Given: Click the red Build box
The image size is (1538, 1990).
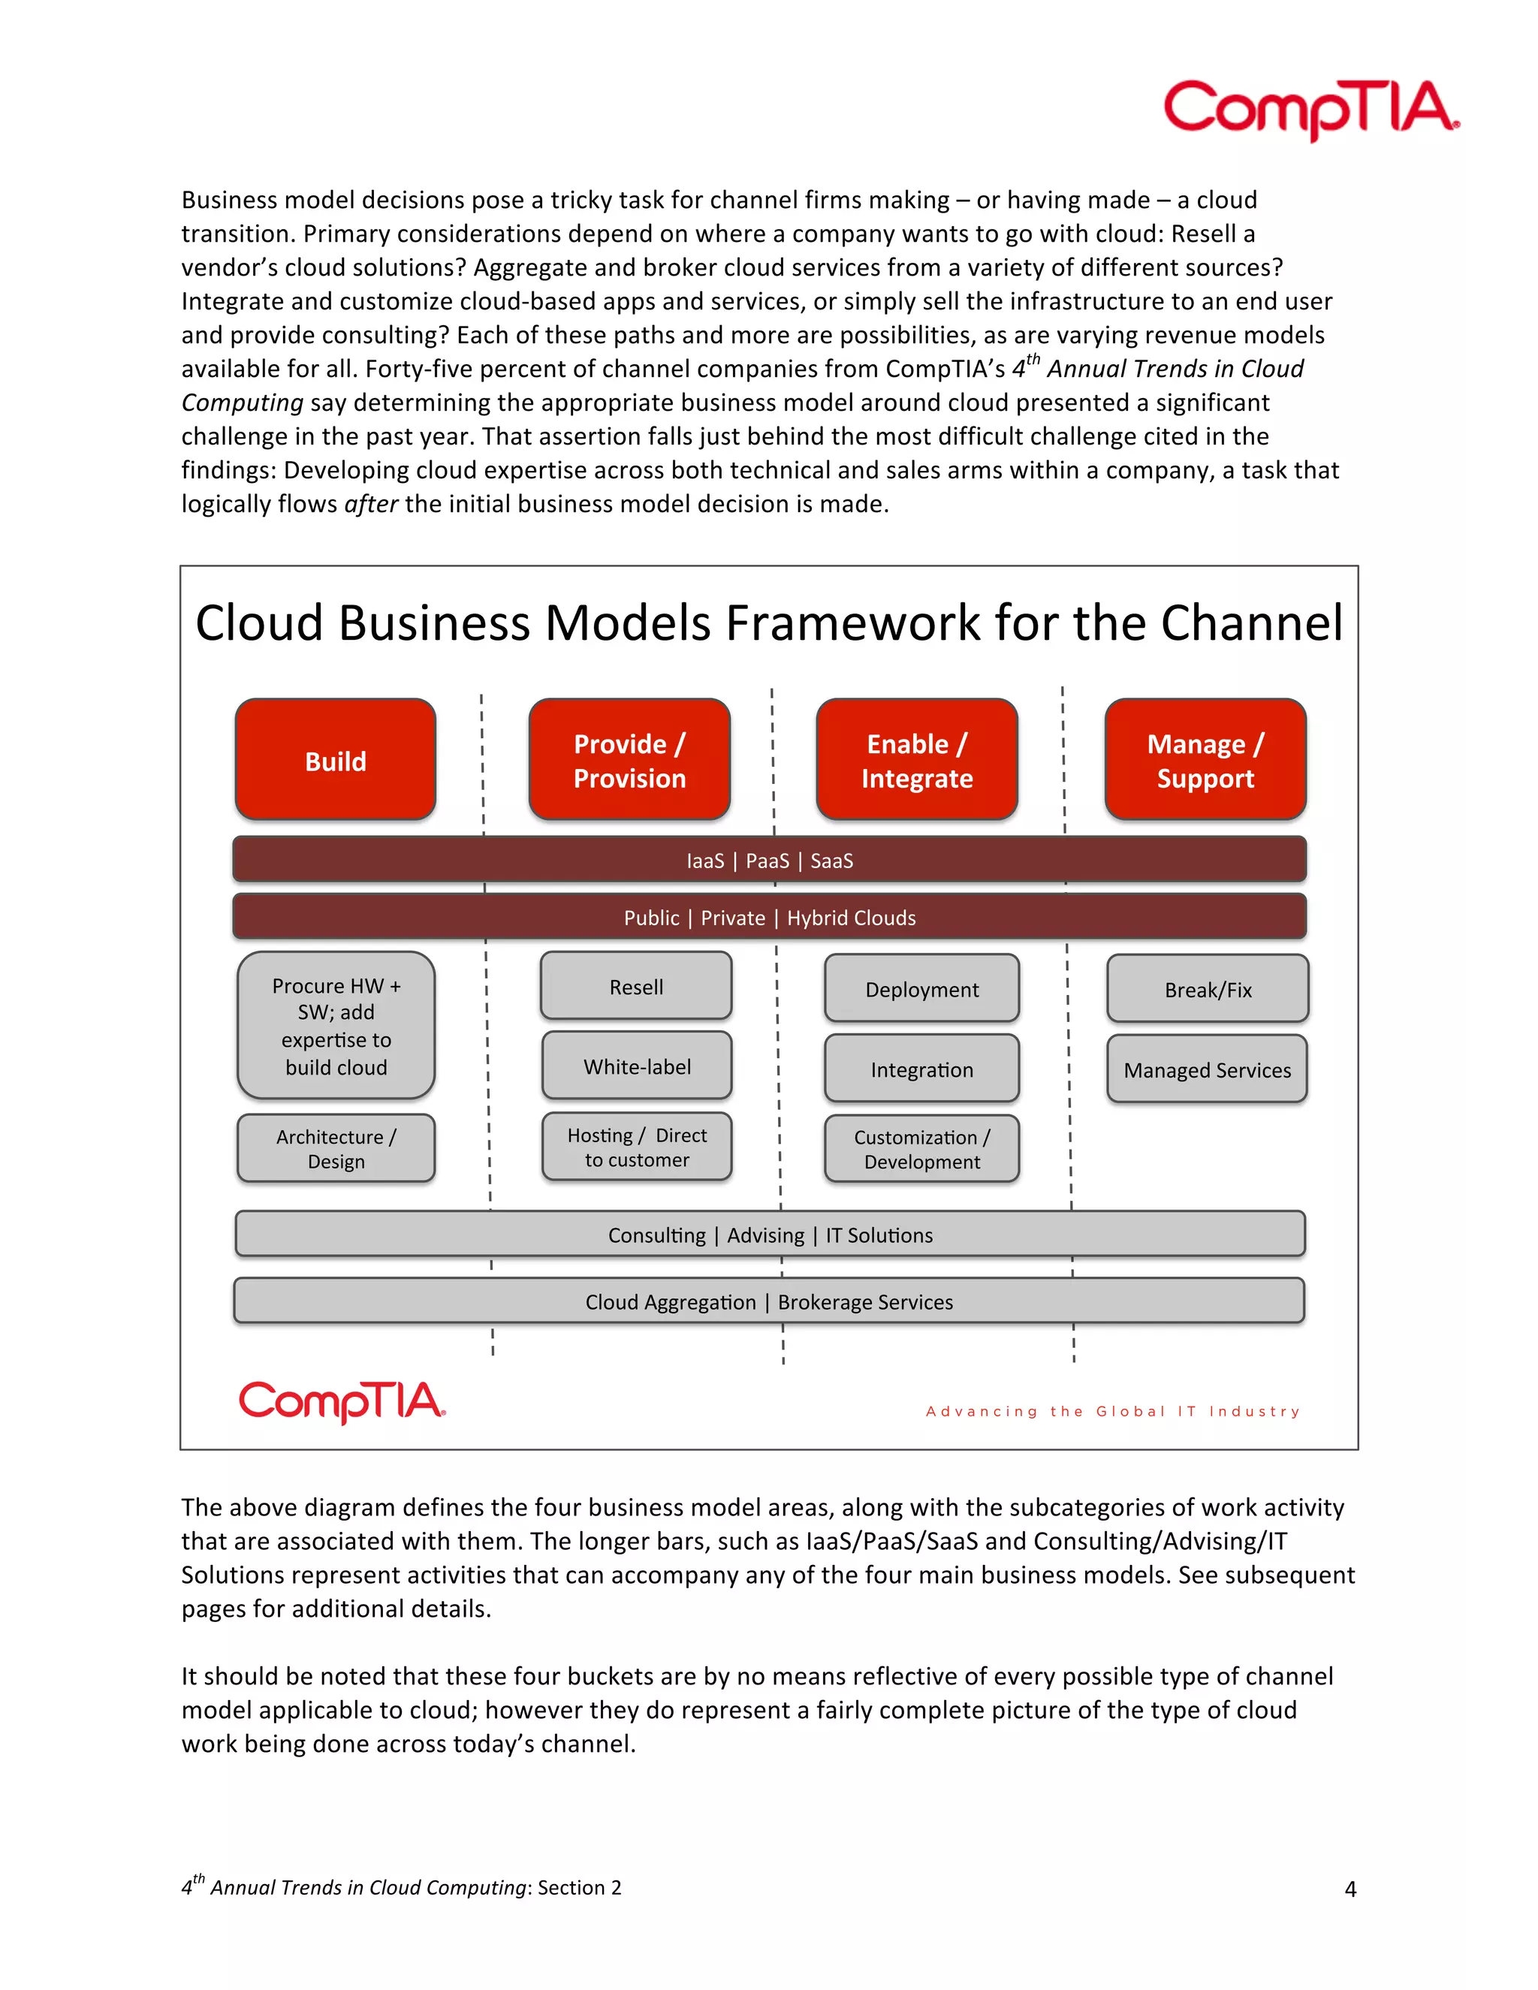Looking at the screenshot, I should pyautogui.click(x=335, y=760).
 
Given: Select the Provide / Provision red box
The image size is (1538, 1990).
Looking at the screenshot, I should pyautogui.click(x=629, y=760).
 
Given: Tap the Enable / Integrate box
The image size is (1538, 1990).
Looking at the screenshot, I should pyautogui.click(x=917, y=760).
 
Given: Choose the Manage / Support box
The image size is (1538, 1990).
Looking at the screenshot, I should pyautogui.click(x=1205, y=760).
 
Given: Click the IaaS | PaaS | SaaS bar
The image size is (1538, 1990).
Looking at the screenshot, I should pyautogui.click(x=769, y=860).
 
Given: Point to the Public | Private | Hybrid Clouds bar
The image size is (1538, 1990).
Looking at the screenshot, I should pyautogui.click(x=769, y=917).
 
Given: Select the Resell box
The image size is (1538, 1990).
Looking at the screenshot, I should pyautogui.click(x=636, y=986).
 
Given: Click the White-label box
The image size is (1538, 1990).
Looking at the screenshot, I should pyautogui.click(x=637, y=1066).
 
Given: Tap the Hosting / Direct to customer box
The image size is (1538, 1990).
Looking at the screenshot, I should pyautogui.click(x=637, y=1147).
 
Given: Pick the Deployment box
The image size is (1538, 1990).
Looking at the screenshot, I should pyautogui.click(x=922, y=989).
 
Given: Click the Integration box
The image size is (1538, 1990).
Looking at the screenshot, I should pyautogui.click(x=922, y=1069).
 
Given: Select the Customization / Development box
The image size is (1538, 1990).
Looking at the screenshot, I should pyautogui.click(x=922, y=1149).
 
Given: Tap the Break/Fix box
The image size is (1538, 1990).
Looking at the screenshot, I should pyautogui.click(x=1208, y=989).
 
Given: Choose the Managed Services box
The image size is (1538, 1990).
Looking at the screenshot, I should pyautogui.click(x=1208, y=1069).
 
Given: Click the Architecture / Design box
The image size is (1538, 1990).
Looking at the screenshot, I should pyautogui.click(x=336, y=1148).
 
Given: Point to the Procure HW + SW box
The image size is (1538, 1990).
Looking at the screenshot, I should pyautogui.click(x=336, y=1026).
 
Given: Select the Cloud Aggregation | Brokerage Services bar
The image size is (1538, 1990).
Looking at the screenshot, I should pyautogui.click(x=769, y=1301).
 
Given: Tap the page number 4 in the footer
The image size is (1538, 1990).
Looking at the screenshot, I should pyautogui.click(x=1350, y=1889).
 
